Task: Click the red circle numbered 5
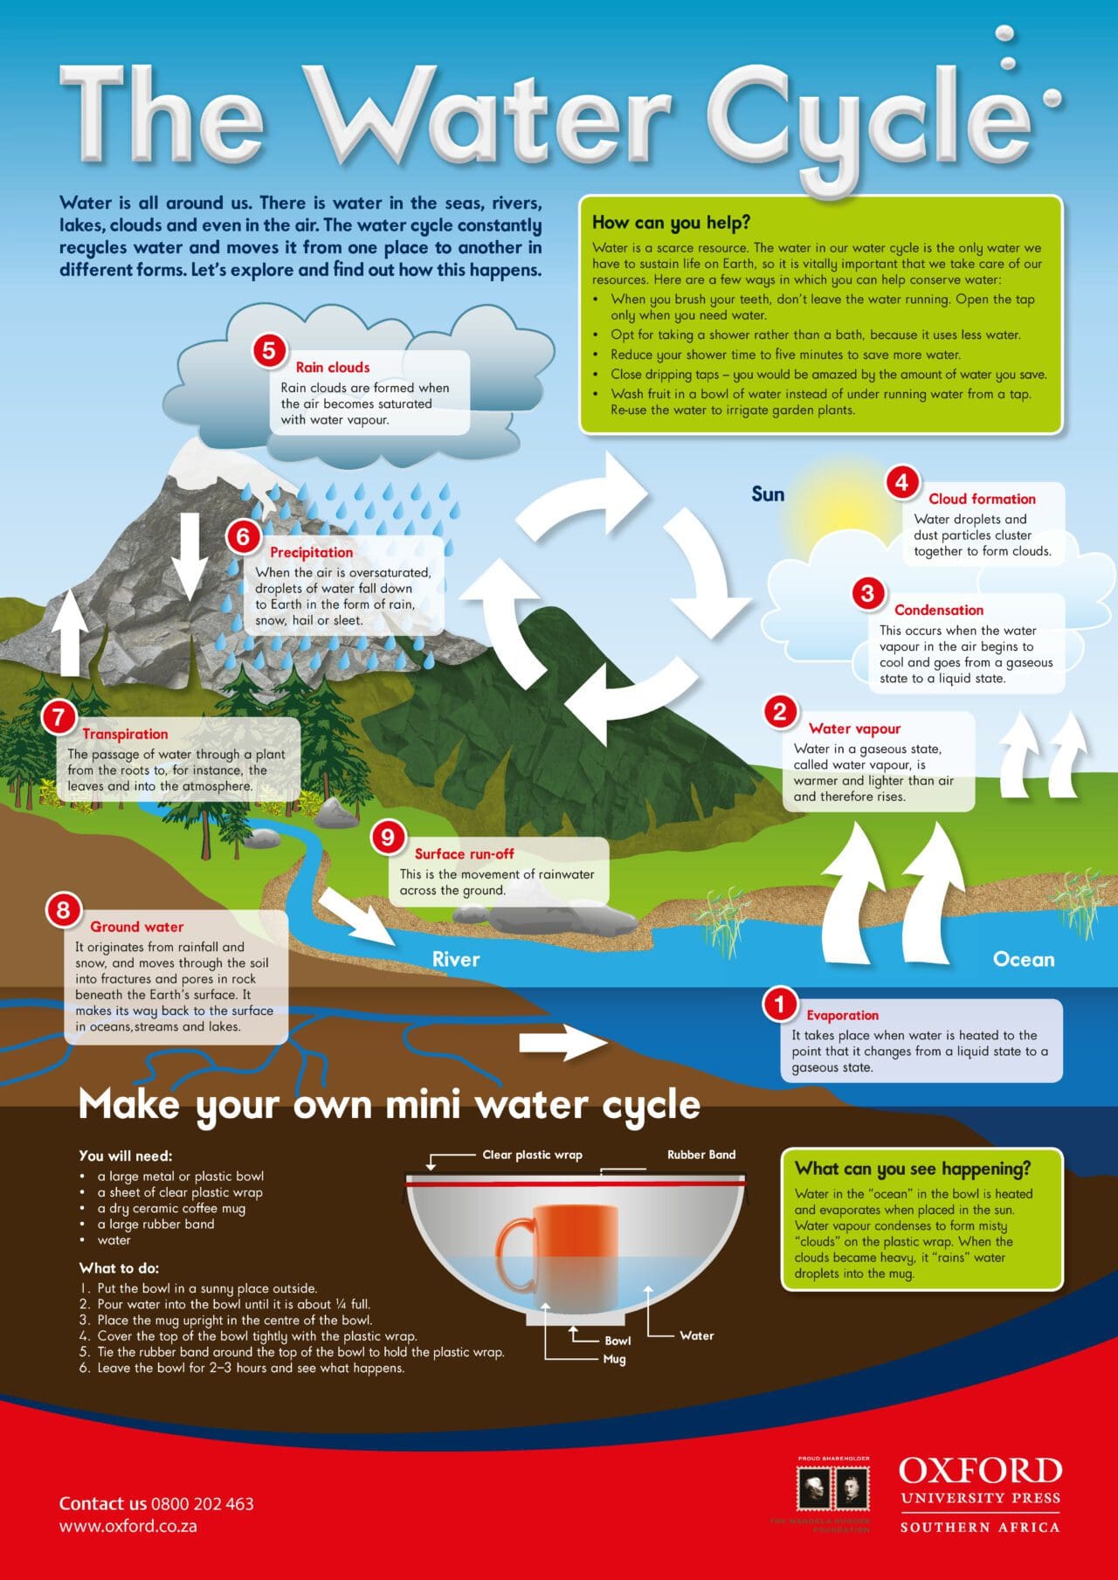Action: tap(269, 350)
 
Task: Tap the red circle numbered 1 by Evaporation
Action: tap(779, 1005)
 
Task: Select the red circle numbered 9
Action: tap(387, 838)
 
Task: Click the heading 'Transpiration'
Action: tap(125, 734)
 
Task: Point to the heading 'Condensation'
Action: tap(938, 610)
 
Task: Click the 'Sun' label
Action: tap(768, 494)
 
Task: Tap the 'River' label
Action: tap(456, 959)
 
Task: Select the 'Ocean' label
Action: tap(1023, 959)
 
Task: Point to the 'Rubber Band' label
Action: tap(700, 1155)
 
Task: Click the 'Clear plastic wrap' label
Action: tap(532, 1155)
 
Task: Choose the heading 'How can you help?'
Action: tap(671, 222)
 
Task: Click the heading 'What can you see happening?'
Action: tap(912, 1169)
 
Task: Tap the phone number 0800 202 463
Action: tap(202, 1504)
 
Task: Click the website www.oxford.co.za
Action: tap(128, 1527)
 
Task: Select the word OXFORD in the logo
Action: tap(980, 1471)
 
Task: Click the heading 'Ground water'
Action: tap(137, 927)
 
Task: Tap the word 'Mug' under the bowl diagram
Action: tap(614, 1359)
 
